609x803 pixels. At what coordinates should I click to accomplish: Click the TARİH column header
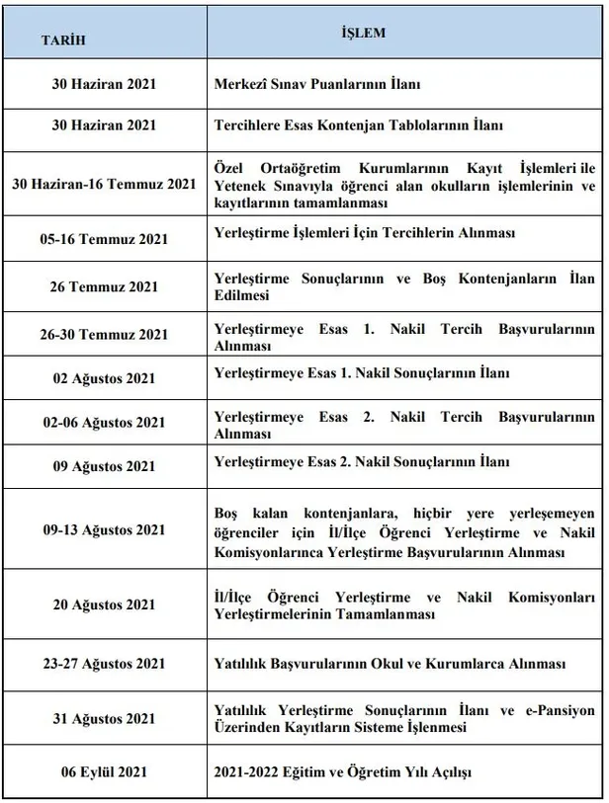click(61, 40)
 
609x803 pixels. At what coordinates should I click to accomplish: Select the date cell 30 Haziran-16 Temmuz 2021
click(104, 184)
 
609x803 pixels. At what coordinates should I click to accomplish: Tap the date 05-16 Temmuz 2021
click(104, 239)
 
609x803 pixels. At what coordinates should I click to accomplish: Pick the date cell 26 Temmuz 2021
click(104, 286)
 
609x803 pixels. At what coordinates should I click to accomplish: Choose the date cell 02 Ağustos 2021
click(104, 378)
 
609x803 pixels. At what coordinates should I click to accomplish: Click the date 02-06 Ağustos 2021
click(104, 423)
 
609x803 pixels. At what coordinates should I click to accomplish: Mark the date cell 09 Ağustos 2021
click(104, 465)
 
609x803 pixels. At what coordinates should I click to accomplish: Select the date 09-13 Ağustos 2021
click(104, 529)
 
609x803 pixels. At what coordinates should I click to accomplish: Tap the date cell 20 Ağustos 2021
click(104, 604)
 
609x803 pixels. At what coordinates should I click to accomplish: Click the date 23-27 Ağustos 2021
click(104, 663)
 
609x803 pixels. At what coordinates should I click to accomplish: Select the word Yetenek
click(240, 185)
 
